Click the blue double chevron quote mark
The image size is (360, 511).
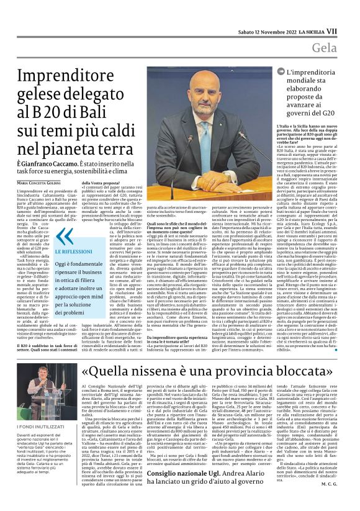pos(65,237)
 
